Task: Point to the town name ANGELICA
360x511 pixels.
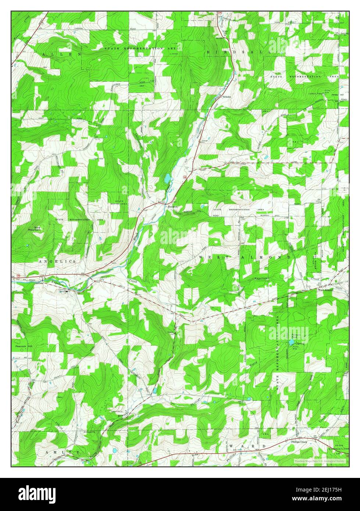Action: (x=57, y=261)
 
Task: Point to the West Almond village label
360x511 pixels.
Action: (x=325, y=290)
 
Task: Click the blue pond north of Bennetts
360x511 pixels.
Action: (x=167, y=179)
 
